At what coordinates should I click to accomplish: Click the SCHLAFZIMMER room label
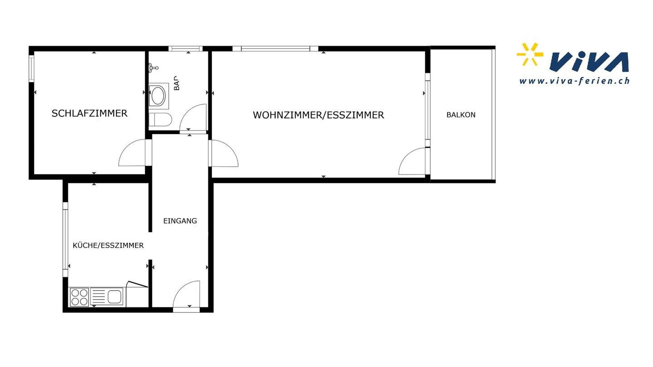(89, 113)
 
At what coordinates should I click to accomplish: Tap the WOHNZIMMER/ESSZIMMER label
(318, 115)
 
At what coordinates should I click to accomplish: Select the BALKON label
(461, 115)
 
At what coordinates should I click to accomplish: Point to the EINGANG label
(180, 221)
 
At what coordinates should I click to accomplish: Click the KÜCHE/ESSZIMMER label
(108, 246)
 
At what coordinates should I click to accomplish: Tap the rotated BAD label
(176, 83)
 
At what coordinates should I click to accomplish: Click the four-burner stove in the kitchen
(79, 297)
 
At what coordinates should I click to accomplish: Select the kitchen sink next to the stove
(107, 297)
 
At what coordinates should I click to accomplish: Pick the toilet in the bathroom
(160, 120)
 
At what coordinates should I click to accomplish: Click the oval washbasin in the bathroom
(158, 95)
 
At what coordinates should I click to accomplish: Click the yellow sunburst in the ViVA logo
(530, 54)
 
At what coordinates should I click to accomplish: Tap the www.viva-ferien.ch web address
(574, 81)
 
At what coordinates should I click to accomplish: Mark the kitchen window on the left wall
(65, 239)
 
